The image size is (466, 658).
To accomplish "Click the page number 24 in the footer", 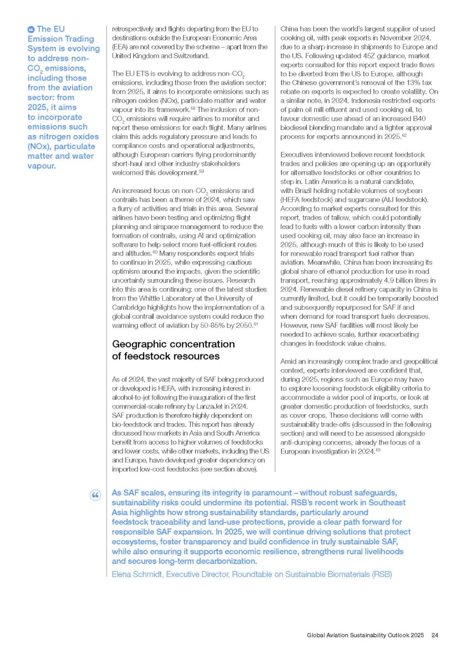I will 435,635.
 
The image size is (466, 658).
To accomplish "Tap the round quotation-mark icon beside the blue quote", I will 95,495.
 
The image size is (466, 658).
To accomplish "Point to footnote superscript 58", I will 193,108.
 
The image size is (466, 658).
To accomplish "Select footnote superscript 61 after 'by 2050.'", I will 256,324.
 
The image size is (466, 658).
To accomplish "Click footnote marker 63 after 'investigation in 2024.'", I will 378,449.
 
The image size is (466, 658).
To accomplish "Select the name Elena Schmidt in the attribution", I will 137,574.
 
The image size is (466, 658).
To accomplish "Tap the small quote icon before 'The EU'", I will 31,30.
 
